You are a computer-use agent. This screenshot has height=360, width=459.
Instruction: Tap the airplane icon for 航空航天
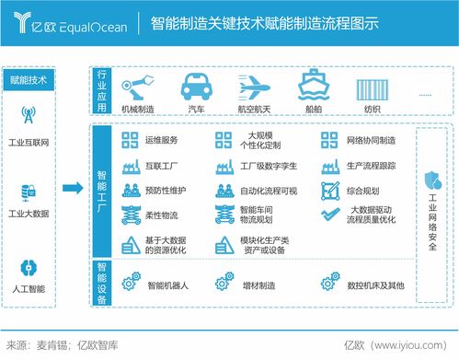coord(255,88)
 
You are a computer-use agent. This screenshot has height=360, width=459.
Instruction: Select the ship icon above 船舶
coord(314,88)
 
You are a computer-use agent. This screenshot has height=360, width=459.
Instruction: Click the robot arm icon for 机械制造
coord(137,88)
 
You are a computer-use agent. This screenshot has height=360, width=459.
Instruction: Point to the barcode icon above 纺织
coord(371,88)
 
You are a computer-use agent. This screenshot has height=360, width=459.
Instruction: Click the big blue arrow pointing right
coord(72,189)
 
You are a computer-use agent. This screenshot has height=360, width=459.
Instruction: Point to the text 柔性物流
coord(161,215)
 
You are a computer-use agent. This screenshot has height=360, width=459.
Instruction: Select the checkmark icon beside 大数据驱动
coord(330,215)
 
